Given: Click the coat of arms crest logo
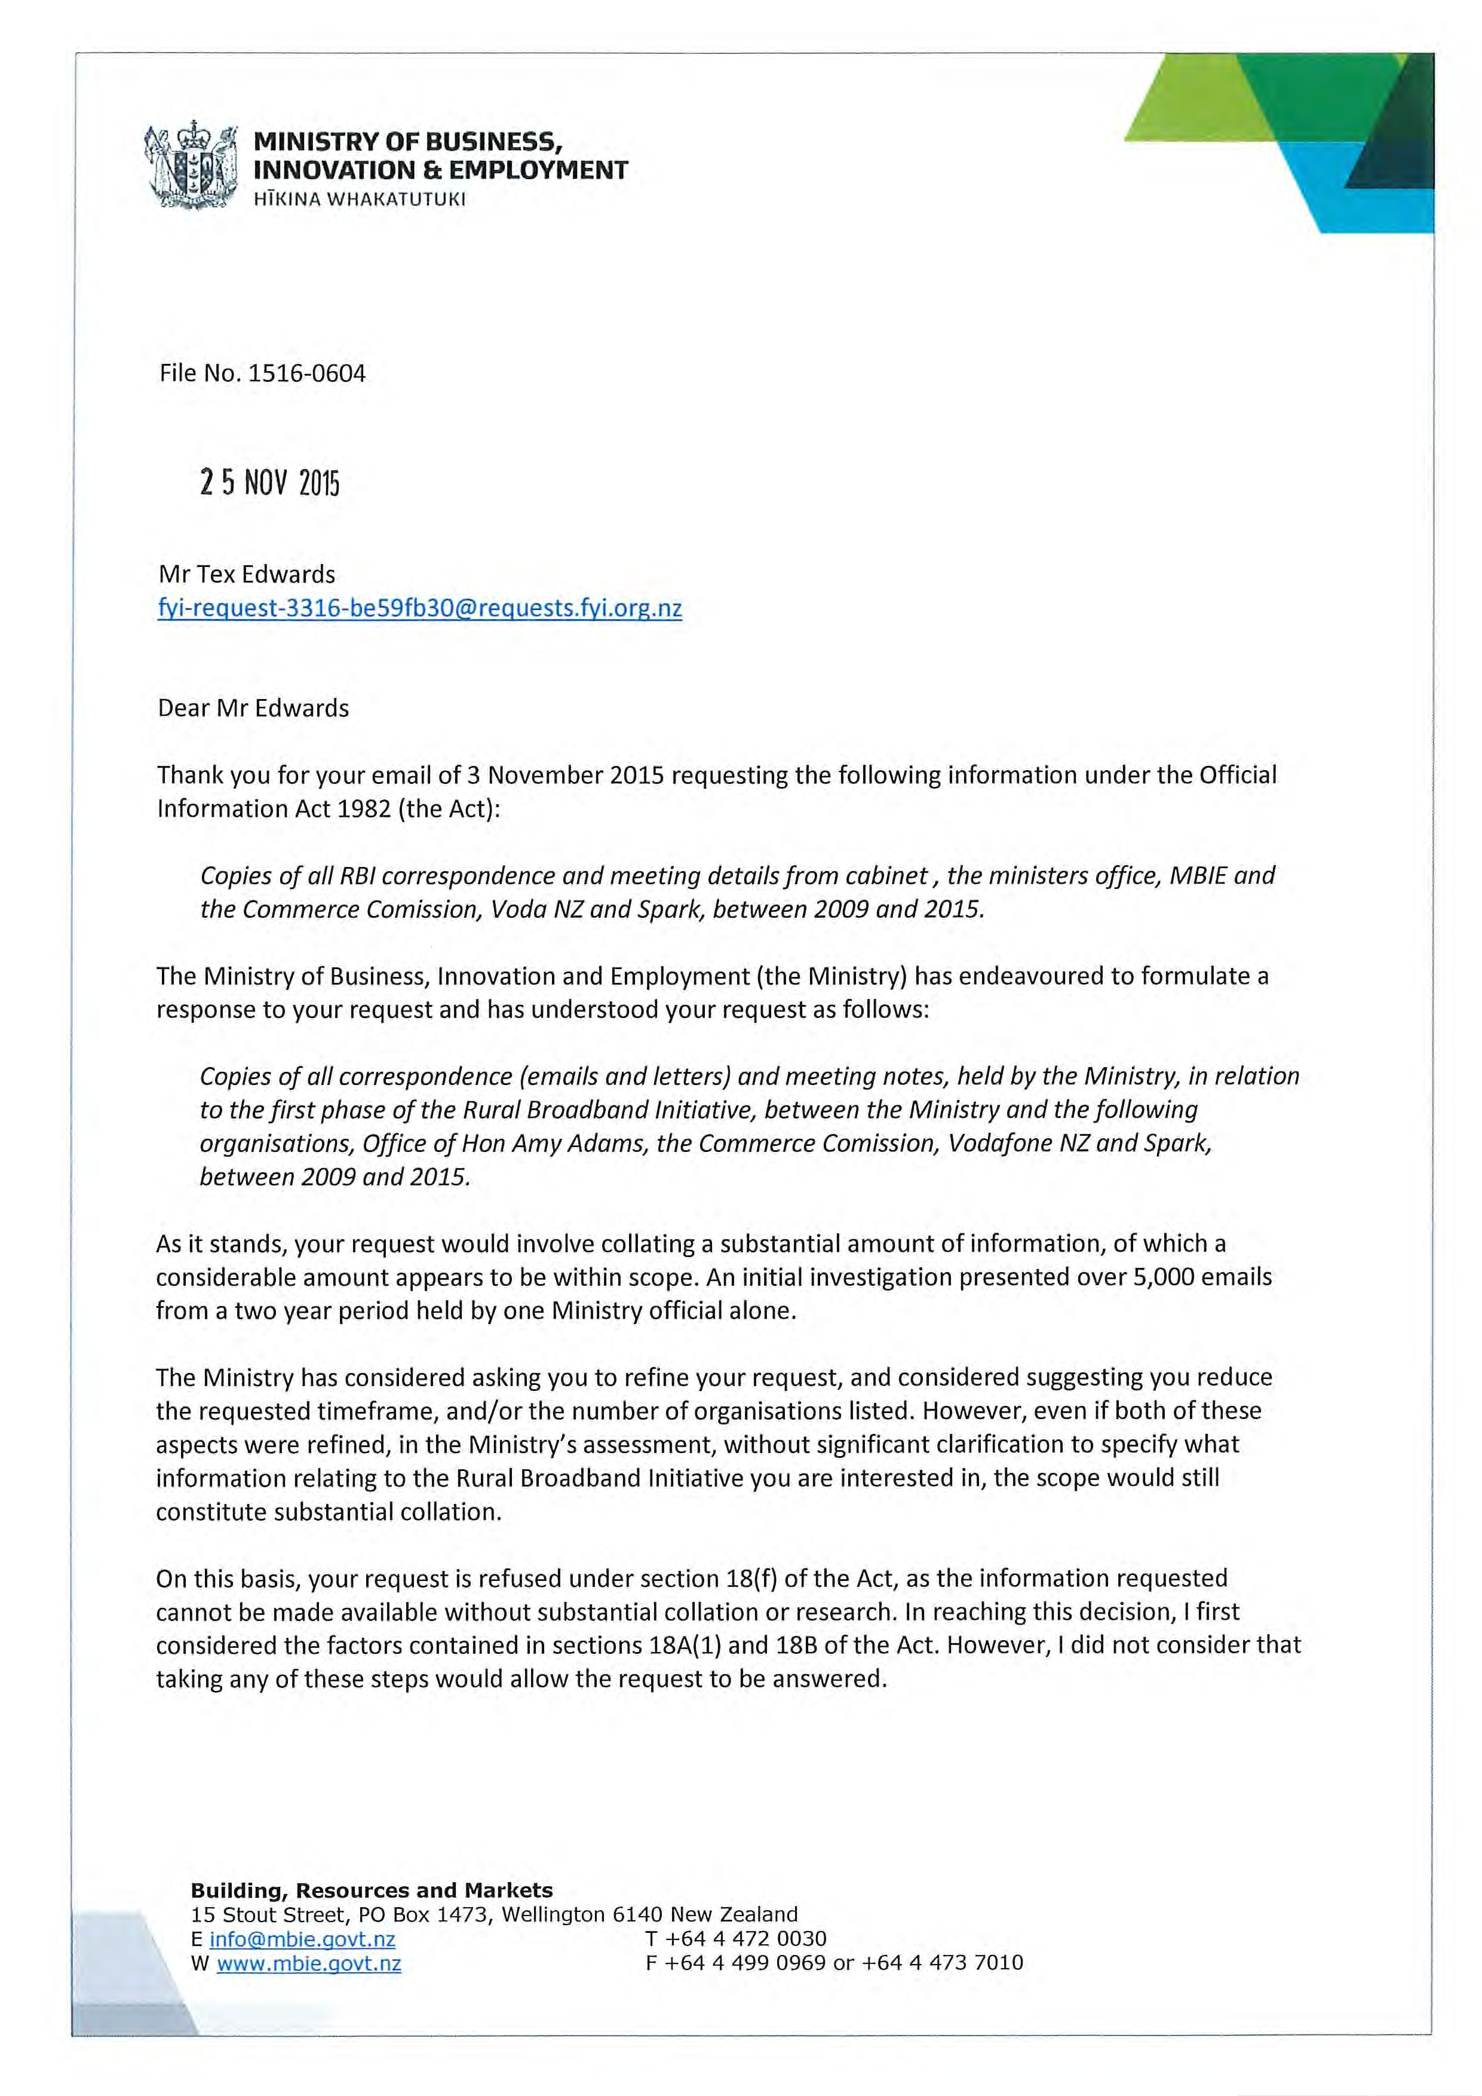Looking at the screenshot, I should pyautogui.click(x=191, y=166).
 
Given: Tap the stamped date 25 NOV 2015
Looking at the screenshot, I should pyautogui.click(x=269, y=483).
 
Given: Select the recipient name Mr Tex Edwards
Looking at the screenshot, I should pyautogui.click(x=246, y=574).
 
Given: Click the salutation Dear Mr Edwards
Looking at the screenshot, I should pyautogui.click(x=253, y=709).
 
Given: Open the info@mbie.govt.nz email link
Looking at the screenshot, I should pyautogui.click(x=302, y=1939).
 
